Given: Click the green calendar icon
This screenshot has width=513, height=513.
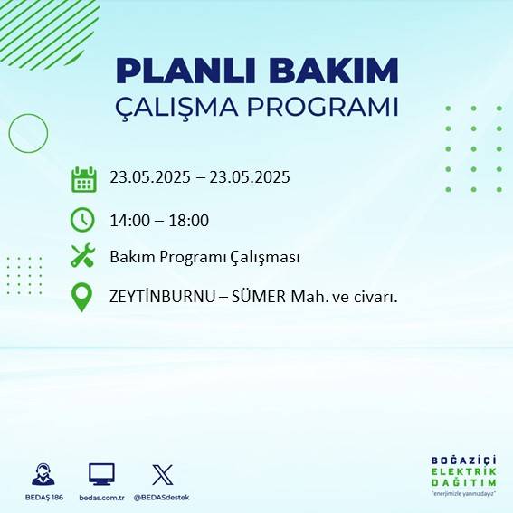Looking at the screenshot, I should pos(83,179).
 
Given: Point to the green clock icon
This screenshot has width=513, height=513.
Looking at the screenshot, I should pos(82,220).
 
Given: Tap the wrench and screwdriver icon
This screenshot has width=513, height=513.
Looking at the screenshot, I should pos(82,256).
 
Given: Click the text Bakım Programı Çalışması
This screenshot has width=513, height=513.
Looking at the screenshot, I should pos(204,257).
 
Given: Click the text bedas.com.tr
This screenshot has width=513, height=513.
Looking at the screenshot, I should pos(101,497).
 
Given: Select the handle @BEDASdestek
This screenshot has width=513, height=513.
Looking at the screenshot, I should pos(163,497).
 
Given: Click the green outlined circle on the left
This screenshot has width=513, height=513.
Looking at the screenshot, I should pos(28,133).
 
